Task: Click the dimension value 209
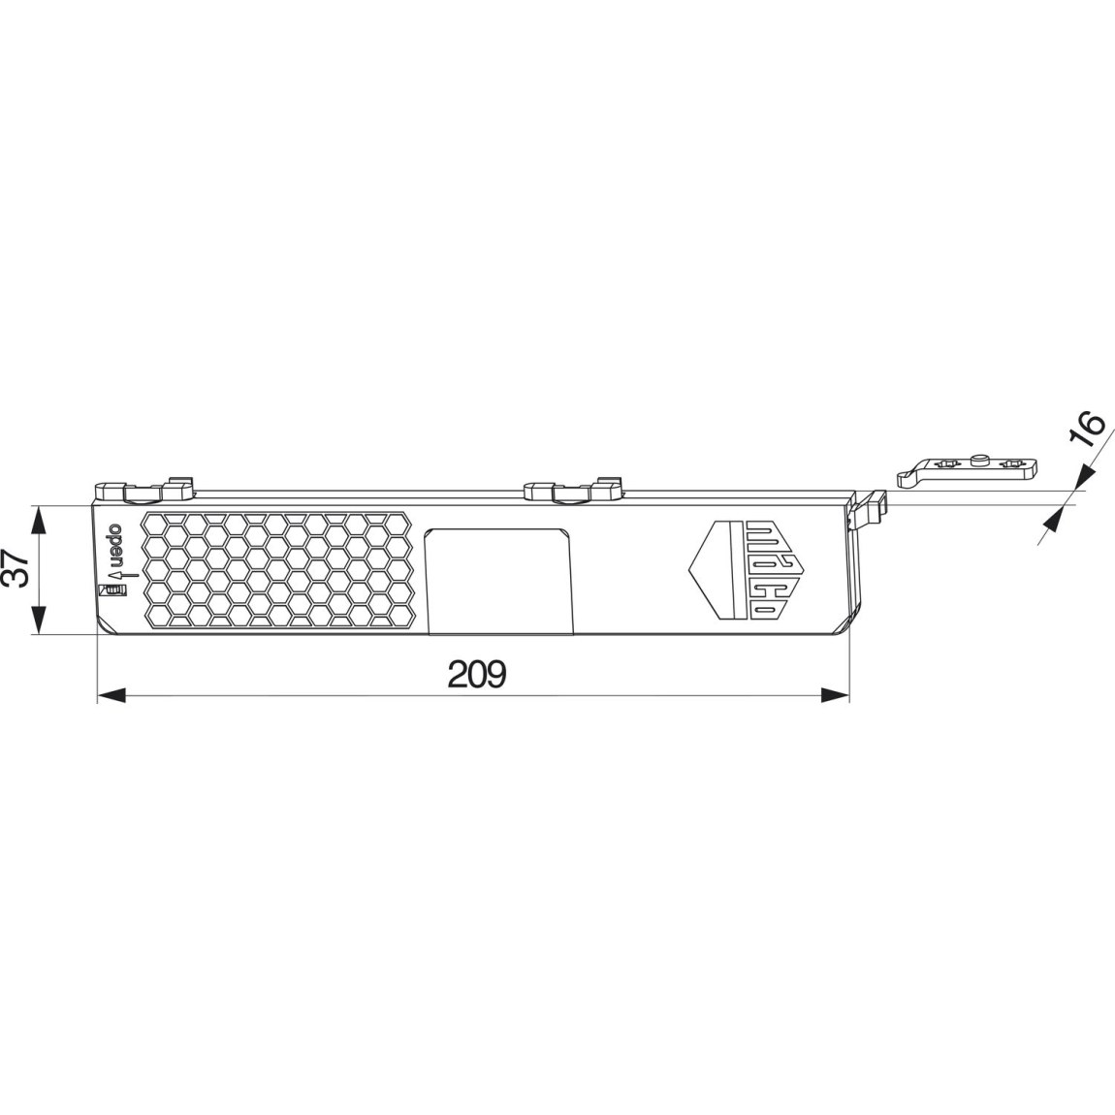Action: pyautogui.click(x=477, y=673)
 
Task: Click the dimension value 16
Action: pyautogui.click(x=1090, y=429)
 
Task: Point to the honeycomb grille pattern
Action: pyautogui.click(x=279, y=569)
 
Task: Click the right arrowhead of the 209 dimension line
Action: pyautogui.click(x=835, y=694)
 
